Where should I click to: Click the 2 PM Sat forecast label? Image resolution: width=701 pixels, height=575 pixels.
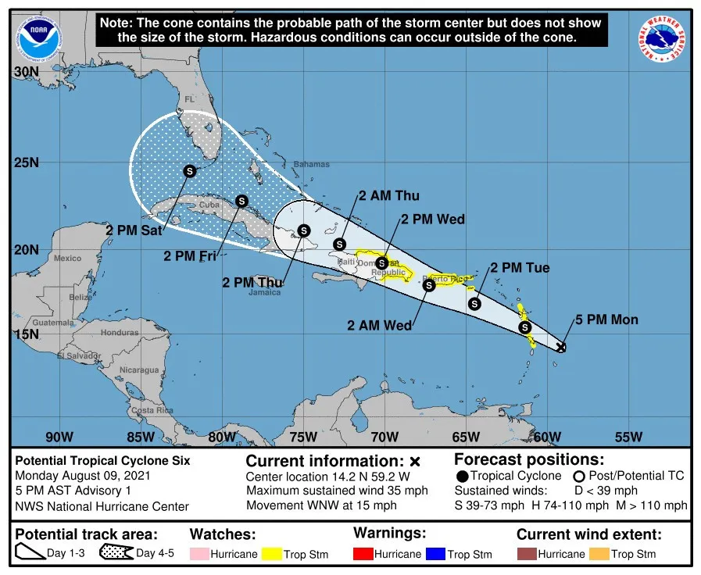tap(133, 230)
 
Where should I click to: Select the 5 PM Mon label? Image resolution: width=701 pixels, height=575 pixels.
tap(606, 320)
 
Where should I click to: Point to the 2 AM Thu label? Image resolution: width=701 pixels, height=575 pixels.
tap(389, 196)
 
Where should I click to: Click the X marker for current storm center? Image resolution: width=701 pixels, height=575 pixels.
tap(561, 347)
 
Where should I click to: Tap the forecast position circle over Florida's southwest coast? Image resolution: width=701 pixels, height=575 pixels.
tap(190, 171)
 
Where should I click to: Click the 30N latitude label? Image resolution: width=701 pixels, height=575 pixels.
tap(27, 72)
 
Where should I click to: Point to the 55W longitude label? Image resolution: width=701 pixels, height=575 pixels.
tap(628, 437)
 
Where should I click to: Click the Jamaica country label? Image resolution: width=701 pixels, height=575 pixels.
tap(265, 293)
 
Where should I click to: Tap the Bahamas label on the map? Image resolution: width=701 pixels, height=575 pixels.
tap(311, 165)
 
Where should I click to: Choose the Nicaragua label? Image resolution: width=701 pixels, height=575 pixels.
tap(139, 370)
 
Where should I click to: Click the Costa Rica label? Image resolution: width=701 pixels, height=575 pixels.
tap(152, 410)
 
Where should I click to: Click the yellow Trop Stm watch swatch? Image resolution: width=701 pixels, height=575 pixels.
tap(271, 554)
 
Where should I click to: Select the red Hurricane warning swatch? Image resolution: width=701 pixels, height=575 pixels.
tap(363, 554)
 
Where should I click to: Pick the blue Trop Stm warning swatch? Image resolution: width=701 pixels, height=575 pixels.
tap(435, 554)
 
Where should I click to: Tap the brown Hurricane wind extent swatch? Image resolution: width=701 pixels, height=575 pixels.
tap(526, 554)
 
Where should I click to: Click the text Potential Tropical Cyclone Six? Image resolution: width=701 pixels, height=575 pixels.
tap(102, 461)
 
